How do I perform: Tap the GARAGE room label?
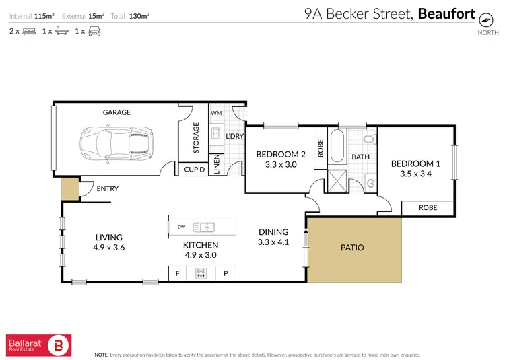pos(116,112)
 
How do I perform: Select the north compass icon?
pos(485,20)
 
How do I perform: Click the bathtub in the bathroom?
pos(337,146)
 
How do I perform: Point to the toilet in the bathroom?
pos(369,139)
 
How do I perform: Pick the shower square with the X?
pos(337,181)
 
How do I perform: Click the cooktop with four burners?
pos(201,273)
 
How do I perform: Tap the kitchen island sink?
pos(204,227)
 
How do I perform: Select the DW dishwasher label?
pos(181,227)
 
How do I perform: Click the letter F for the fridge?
pos(178,273)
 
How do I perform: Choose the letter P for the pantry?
pos(226,273)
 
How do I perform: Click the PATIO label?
pos(352,248)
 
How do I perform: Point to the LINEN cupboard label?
pos(217,164)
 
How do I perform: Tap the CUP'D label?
pos(195,170)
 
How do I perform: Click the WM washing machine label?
pos(216,113)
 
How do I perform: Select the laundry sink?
pos(215,133)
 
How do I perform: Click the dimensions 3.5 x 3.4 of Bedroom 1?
pos(416,174)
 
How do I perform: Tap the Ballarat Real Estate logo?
pos(38,345)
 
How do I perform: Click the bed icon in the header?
pos(29,31)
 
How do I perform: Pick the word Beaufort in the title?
pos(446,14)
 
